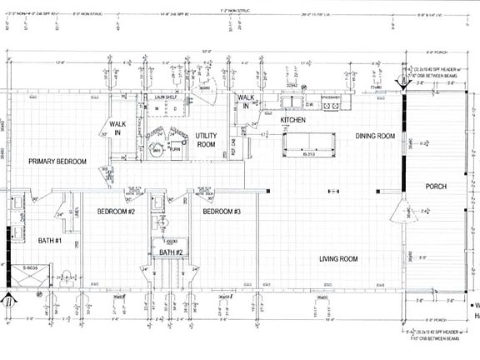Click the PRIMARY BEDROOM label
57,161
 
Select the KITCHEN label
292,121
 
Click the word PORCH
436,186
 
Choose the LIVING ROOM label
338,259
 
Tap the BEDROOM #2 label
117,212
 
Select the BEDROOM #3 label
222,212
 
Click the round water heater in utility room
156,150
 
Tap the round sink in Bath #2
165,222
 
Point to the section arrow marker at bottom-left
8,300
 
